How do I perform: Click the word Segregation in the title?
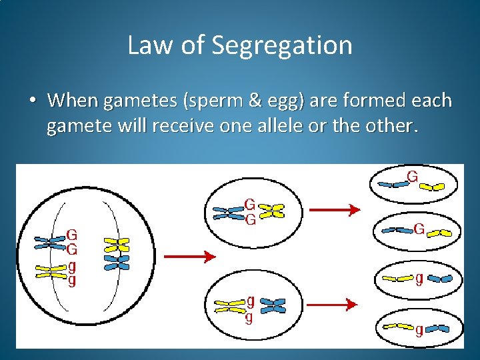(282, 45)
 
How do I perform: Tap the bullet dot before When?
(32, 101)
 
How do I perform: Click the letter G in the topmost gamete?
(413, 177)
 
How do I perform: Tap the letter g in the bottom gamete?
(419, 329)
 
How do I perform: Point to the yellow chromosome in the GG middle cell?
(271, 211)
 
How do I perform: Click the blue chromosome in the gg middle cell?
(272, 305)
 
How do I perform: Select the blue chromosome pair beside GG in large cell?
(51, 241)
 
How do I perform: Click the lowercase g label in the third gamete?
(419, 279)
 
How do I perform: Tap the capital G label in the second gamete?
(419, 229)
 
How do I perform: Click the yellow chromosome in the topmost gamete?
(433, 186)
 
